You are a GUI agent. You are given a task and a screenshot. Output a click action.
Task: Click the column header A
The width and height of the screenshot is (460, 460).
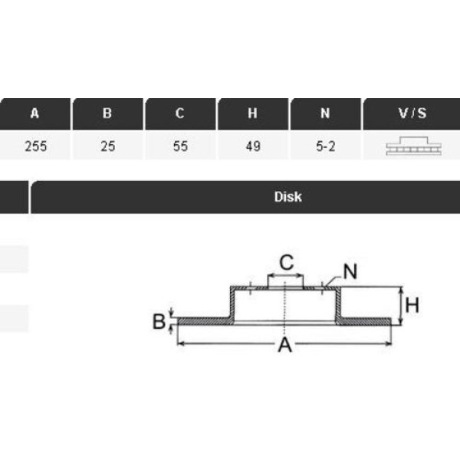[34, 113]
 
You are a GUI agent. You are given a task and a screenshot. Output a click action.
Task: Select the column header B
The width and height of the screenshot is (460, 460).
[107, 113]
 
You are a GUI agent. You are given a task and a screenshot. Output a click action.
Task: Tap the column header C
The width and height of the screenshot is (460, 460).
[180, 113]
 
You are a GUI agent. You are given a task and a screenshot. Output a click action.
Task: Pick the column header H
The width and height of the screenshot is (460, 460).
[252, 113]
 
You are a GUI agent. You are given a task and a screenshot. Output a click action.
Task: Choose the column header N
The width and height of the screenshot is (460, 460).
[325, 113]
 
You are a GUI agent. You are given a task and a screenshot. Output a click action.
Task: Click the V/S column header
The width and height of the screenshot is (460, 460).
[412, 113]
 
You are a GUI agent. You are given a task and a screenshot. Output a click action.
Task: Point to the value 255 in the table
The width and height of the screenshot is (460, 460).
[35, 146]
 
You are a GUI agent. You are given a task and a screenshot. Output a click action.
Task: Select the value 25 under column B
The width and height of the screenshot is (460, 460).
[107, 146]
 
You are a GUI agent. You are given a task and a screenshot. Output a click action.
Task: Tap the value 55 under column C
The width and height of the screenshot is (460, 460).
[180, 146]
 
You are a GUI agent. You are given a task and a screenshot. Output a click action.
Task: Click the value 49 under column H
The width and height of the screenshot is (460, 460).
[253, 146]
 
